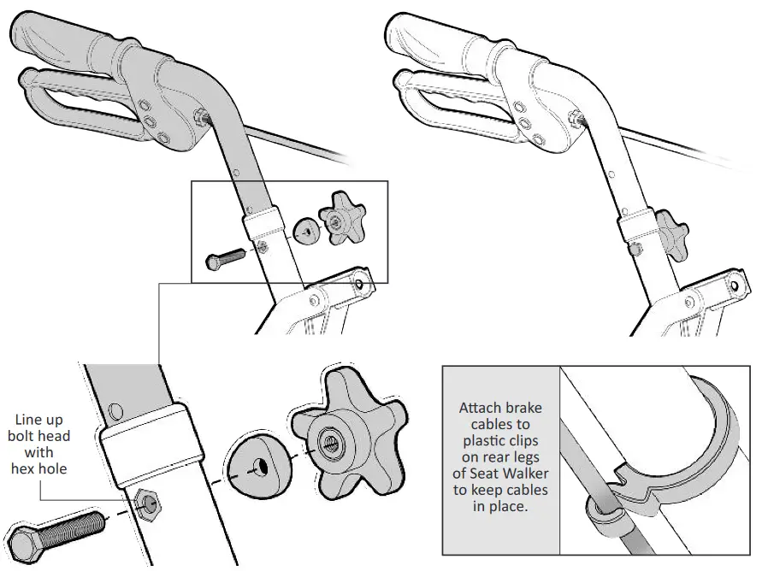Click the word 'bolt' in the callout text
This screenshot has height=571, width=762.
pyautogui.click(x=27, y=436)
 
